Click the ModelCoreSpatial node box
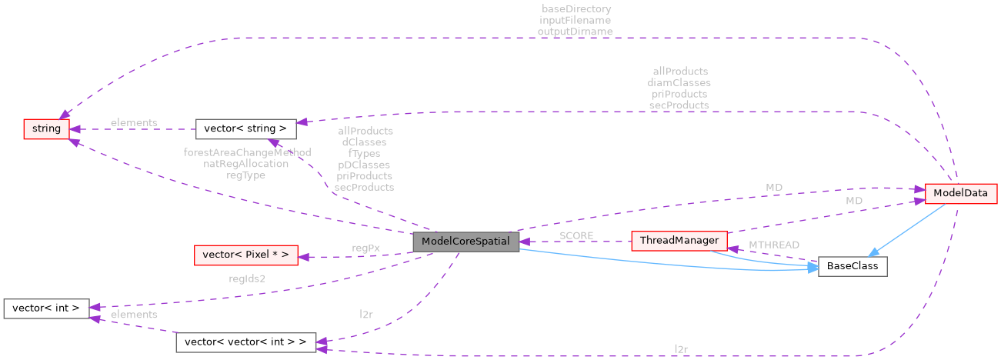466,241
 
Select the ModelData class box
960,193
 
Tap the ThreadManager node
679,241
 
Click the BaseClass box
853,267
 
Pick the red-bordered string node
47,128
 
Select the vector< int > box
47,308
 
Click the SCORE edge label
576,235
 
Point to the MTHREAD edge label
762,245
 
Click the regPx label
365,248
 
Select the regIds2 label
246,278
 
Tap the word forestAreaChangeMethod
247,152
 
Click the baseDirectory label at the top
576,9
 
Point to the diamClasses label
678,82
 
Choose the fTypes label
365,153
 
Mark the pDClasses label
365,165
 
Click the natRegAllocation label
246,164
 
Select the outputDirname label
576,32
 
